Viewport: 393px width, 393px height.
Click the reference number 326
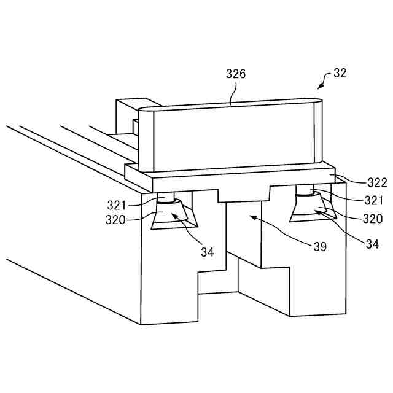(235, 75)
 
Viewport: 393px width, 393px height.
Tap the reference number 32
(340, 73)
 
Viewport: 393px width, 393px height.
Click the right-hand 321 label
(373, 200)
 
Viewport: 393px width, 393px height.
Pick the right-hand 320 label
(373, 219)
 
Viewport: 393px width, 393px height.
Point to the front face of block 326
(227, 138)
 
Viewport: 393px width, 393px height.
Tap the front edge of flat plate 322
(233, 182)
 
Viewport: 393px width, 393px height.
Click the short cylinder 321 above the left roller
(166, 197)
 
